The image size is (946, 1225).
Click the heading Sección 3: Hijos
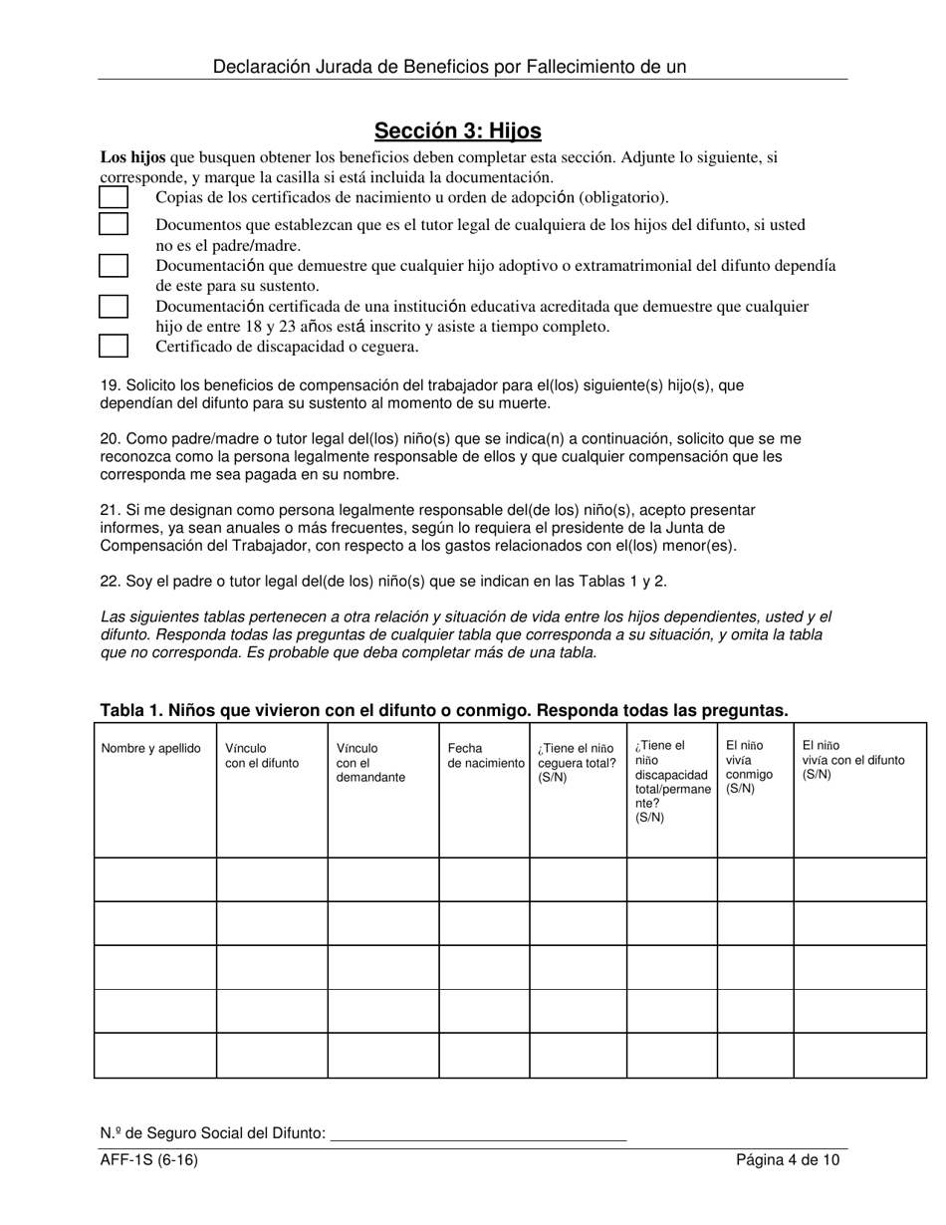pos(457,130)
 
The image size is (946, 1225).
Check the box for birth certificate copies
pos(114,197)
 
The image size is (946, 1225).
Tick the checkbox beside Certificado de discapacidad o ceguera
pos(114,347)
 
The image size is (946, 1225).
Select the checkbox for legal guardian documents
pos(114,224)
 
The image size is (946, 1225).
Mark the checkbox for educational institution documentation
pos(114,306)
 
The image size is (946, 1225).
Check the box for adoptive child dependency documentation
pos(114,266)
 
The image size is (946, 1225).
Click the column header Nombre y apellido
pos(150,749)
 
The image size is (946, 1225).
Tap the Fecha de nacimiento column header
pos(485,756)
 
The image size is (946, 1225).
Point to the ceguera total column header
pos(577,763)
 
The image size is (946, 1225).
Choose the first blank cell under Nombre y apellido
pos(155,879)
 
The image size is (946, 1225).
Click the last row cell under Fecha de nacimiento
pos(484,1056)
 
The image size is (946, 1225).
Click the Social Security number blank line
pos(477,1133)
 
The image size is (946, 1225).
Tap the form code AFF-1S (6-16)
pos(140,1160)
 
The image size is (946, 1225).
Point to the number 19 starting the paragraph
pos(110,385)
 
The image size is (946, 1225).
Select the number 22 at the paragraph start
pos(110,582)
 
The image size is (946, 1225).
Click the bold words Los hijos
pos(132,157)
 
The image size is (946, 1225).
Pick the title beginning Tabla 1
pos(443,710)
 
